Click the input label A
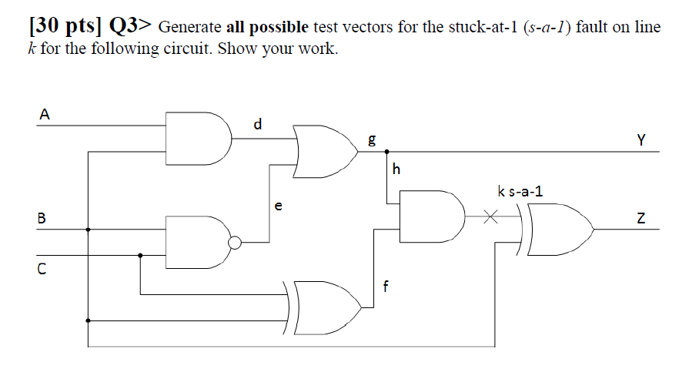point(44,115)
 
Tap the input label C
point(42,270)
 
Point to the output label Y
point(641,140)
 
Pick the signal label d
point(258,123)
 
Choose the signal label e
point(278,206)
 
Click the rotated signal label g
point(373,139)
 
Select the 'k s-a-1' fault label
point(520,191)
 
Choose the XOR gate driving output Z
point(562,230)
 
